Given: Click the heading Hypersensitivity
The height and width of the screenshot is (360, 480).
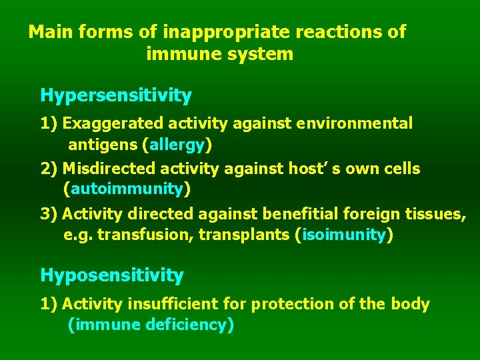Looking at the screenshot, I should [116, 95].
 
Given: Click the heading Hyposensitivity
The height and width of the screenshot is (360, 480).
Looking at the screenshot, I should [111, 275].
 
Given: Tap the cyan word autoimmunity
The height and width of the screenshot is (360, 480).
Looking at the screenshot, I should [127, 189].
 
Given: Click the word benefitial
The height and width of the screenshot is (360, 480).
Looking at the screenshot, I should [303, 214].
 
